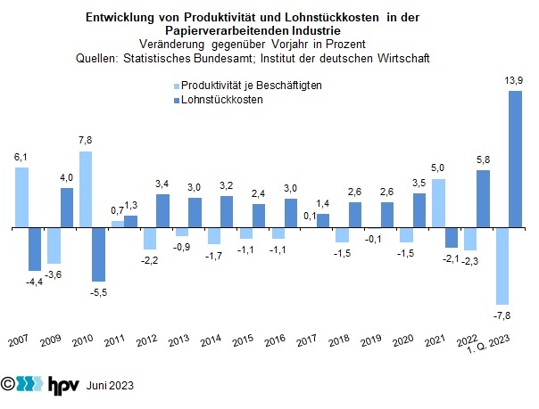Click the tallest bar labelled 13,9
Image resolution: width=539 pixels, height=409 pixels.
point(515,160)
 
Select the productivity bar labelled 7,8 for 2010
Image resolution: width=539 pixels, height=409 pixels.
point(87,190)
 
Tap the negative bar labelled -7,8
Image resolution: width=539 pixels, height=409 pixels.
point(502,266)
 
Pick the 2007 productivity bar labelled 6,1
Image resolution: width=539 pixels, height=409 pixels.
point(22,198)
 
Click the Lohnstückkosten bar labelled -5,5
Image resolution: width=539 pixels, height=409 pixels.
point(99,255)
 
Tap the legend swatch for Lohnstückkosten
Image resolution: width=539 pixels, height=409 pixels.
point(175,100)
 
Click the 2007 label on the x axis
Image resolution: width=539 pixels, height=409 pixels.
point(18,341)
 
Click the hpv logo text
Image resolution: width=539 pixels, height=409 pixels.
point(59,386)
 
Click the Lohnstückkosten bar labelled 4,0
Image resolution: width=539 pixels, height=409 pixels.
point(67,208)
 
